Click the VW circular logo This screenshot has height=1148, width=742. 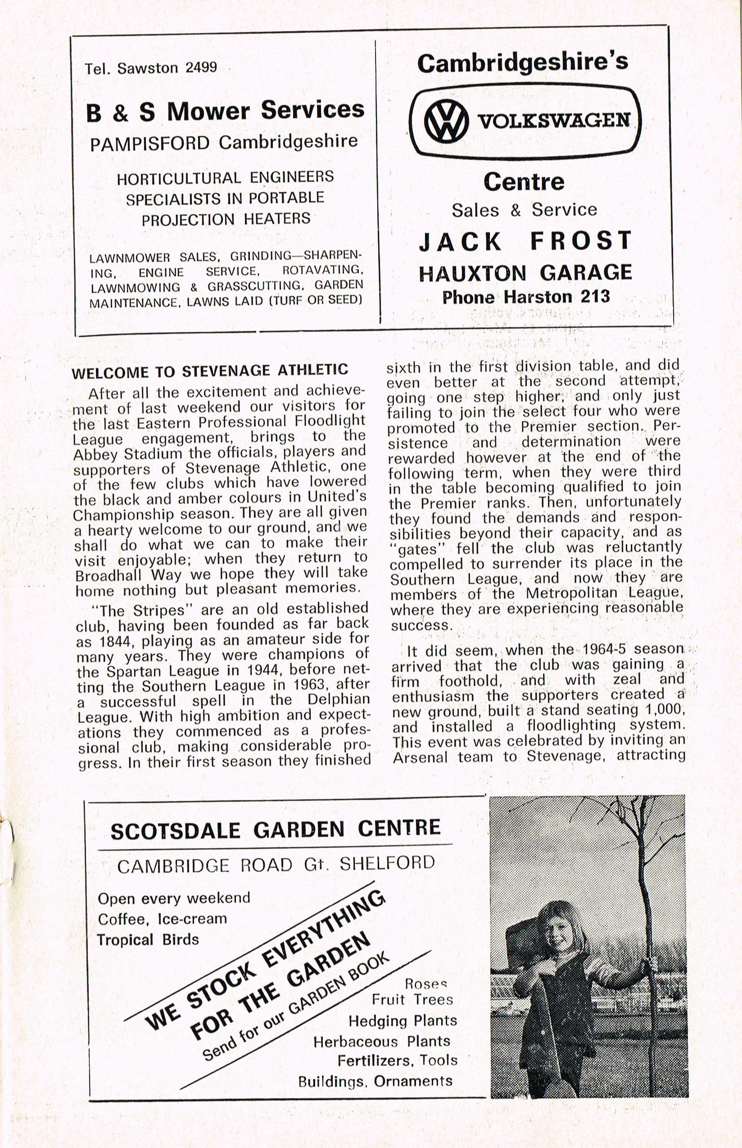point(446,121)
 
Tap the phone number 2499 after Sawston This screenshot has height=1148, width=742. point(201,67)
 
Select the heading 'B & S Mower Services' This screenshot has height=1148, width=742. point(225,111)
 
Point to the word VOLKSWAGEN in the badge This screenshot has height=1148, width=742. point(554,121)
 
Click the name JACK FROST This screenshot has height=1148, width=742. point(525,241)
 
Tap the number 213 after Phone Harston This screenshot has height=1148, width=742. point(595,296)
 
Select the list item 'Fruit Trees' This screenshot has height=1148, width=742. point(412,999)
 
